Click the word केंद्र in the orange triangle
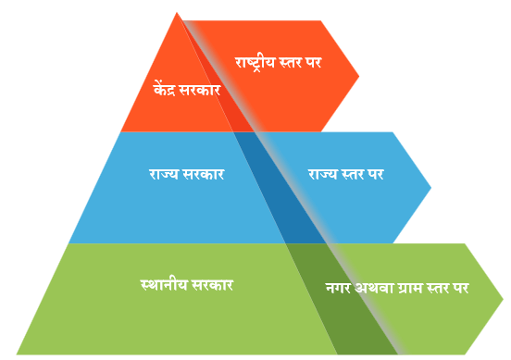(165, 89)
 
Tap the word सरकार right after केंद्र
(200, 91)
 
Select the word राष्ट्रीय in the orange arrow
(255, 63)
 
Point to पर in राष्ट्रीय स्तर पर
(314, 63)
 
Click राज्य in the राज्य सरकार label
(164, 174)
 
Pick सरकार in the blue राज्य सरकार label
(204, 174)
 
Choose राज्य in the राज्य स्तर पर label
(323, 174)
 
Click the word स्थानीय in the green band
(164, 285)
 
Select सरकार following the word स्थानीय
(213, 285)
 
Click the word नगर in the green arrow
(338, 289)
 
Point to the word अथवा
(374, 288)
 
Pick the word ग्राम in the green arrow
(411, 289)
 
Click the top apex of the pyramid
(176, 12)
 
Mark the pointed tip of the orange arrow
(359, 77)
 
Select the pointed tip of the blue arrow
(430, 188)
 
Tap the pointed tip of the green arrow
(503, 299)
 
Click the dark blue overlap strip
(280, 188)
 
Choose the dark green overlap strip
(342, 299)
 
